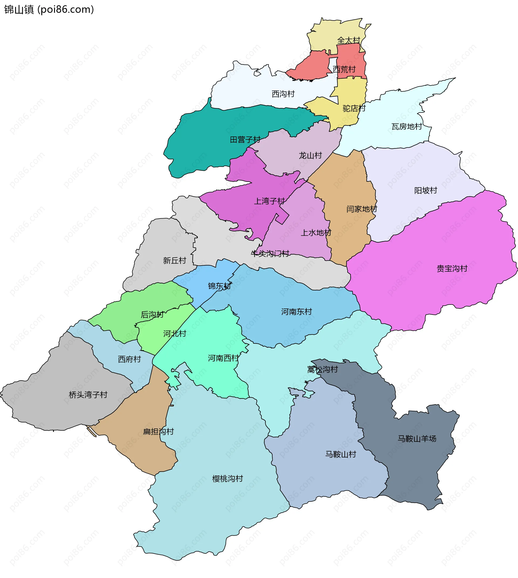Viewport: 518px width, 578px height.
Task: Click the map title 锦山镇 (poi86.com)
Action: click(49, 9)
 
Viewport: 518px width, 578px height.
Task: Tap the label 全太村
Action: click(349, 40)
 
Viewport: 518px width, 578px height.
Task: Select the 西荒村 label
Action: click(344, 69)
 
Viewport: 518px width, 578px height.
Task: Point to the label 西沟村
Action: click(283, 94)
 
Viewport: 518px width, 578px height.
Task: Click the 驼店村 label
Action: click(354, 108)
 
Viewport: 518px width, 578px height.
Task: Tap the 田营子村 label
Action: click(245, 139)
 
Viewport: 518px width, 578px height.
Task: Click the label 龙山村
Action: click(310, 155)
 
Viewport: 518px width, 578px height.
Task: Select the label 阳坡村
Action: click(425, 190)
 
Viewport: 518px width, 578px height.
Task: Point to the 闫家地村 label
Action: click(362, 209)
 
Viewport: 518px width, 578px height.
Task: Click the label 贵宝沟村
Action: click(452, 268)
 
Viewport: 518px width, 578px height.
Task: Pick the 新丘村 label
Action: click(175, 260)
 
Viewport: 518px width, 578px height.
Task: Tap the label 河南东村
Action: click(297, 312)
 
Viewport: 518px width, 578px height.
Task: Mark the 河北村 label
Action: click(175, 334)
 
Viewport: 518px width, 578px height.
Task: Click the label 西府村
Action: click(129, 359)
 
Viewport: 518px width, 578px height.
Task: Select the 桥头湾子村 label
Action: click(88, 395)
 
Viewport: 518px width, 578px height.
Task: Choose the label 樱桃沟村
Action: click(228, 479)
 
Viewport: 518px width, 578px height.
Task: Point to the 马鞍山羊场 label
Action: click(417, 439)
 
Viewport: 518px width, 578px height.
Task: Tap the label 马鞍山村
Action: click(341, 454)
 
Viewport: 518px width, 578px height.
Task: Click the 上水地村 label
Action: click(316, 233)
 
